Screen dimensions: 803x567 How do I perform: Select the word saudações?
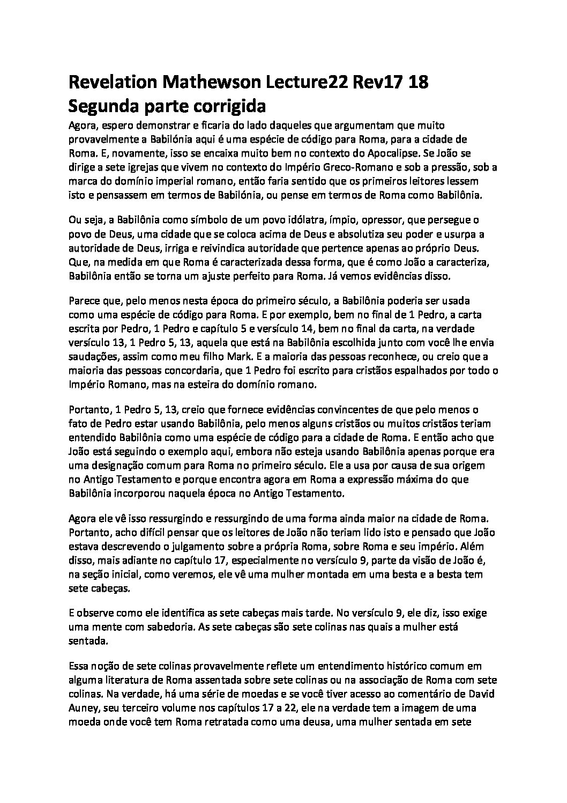tap(94, 356)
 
